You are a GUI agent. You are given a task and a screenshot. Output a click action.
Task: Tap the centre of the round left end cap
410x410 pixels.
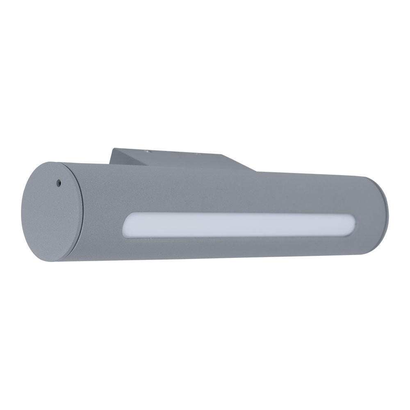click(x=51, y=211)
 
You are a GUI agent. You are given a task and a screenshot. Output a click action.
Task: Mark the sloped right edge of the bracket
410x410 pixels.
click(x=240, y=163)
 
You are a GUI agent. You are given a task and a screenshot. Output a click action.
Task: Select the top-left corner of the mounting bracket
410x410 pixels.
click(x=114, y=149)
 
